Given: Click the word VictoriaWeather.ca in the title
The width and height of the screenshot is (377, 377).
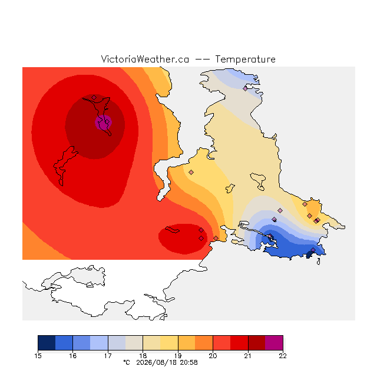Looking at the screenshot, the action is pos(145,59).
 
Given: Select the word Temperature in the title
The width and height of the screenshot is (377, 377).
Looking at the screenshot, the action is pos(245,59).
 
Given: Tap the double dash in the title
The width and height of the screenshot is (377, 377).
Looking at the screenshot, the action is pos(202,59).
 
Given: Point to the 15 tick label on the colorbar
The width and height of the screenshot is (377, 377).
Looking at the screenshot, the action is pos(38,356).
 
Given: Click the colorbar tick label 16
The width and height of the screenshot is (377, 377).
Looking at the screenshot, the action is pos(73,356).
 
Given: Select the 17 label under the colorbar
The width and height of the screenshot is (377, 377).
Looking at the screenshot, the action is pos(108,356).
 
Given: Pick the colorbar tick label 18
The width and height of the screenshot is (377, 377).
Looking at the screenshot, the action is pos(143,356).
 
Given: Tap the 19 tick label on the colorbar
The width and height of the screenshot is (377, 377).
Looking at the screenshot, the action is pos(178,356).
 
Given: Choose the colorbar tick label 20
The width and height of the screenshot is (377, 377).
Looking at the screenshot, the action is pos(213,356).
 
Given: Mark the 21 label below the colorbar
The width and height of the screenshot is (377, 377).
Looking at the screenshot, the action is pos(248,356).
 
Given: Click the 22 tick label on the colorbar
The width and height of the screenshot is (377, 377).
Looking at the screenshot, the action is pos(283,356).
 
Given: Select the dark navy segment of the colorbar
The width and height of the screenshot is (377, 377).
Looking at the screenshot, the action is pos(47,343).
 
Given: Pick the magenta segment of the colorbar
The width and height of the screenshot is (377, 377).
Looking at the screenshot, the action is pos(274,343).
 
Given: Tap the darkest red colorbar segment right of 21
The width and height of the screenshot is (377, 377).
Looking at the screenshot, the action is pos(257,343).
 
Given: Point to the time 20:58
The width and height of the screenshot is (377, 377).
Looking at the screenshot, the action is pos(189,362).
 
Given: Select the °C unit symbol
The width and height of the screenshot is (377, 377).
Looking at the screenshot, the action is pos(127,362).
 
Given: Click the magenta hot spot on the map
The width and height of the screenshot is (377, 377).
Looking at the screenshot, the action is pos(103,123).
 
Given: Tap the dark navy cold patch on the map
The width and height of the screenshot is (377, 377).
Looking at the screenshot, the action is pos(310,254).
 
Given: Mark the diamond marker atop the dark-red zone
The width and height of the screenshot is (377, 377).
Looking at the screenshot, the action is pos(94,97).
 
